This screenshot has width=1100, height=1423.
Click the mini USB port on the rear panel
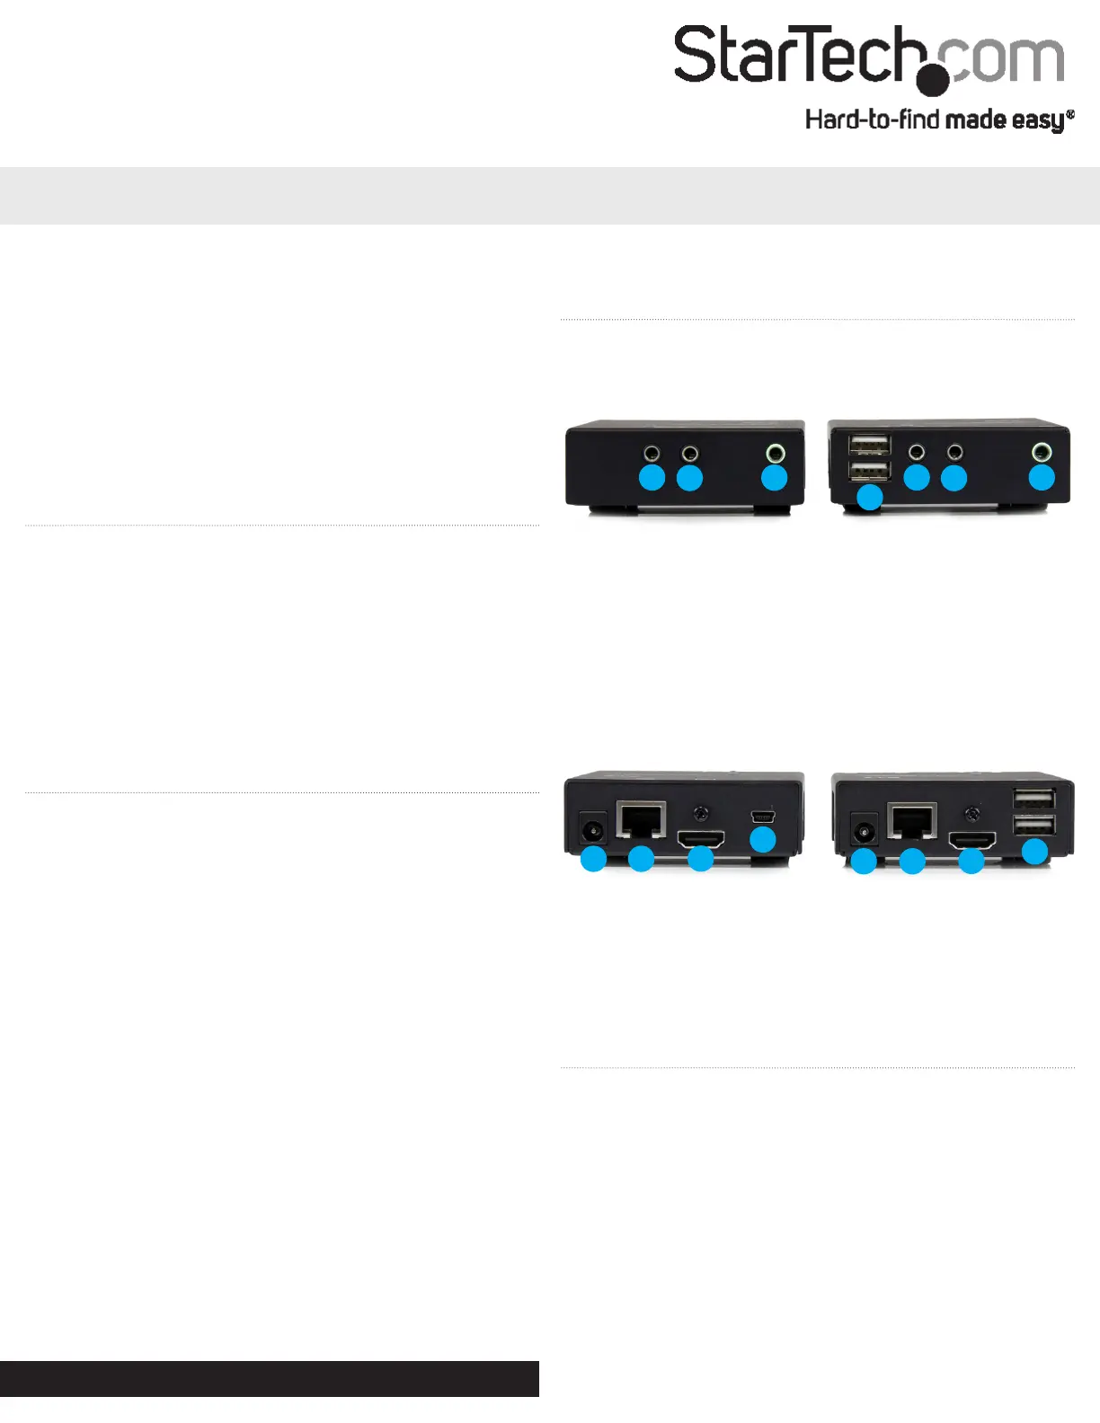click(x=763, y=817)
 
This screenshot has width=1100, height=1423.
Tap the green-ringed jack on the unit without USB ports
click(x=776, y=453)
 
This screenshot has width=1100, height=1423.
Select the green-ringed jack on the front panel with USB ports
click(x=1042, y=452)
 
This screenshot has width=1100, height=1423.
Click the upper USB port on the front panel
click(x=869, y=445)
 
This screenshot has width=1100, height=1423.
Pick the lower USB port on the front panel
click(x=869, y=472)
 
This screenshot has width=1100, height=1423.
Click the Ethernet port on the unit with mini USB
click(x=642, y=820)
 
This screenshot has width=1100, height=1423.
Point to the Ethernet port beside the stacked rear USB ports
click(x=912, y=820)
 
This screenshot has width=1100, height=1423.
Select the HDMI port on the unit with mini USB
click(x=701, y=839)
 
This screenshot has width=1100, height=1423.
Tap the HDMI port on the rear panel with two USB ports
click(x=972, y=840)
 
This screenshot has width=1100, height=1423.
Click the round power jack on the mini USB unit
click(x=593, y=832)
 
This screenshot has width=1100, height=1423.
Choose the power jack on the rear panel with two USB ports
click(x=864, y=832)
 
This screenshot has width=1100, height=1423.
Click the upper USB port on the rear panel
click(x=1033, y=800)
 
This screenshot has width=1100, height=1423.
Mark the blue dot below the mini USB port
click(x=763, y=840)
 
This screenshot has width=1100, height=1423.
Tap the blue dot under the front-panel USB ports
click(x=869, y=498)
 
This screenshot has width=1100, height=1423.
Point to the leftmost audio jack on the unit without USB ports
click(x=652, y=453)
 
